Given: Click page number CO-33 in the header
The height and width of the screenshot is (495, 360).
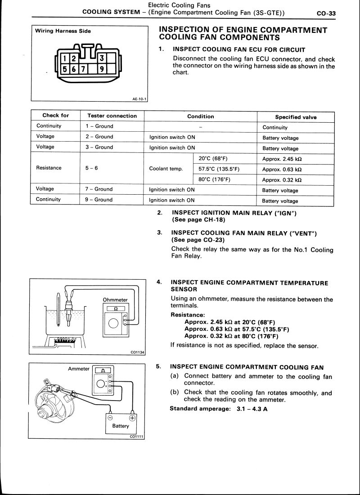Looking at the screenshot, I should pos(326,13).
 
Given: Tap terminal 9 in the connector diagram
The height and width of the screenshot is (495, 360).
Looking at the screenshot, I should pos(103,69).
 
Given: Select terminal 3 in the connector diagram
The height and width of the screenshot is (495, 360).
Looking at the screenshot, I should pos(103,58).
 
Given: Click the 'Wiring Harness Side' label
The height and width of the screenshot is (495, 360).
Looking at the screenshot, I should pos(63,31).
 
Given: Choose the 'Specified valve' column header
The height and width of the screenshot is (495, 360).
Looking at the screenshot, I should pos(296,117).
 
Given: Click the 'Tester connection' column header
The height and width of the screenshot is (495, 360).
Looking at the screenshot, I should pos(112,116).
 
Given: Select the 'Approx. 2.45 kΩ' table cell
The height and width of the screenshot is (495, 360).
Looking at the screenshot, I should pos(281,159).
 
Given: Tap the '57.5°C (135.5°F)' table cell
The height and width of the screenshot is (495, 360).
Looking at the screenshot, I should pos(219,169).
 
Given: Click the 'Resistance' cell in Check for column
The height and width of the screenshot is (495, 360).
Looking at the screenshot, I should pos(48,168).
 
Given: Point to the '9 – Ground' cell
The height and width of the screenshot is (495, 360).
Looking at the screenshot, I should pos(99,200).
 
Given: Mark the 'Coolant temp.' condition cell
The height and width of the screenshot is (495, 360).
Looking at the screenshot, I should pos(166,169).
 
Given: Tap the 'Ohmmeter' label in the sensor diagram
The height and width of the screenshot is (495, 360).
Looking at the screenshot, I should pos(115,300).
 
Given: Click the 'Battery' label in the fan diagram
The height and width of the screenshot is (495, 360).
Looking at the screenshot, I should pos(121,426).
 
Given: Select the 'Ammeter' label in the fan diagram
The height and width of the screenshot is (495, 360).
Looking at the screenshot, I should pos(79,369).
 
